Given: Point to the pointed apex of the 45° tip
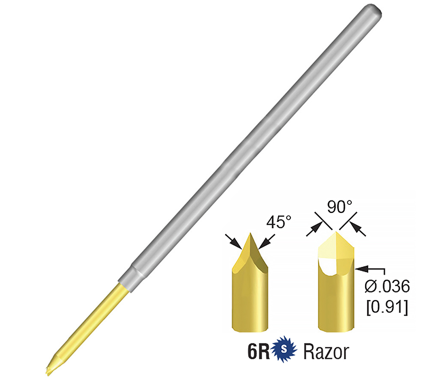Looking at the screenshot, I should pos(250,234).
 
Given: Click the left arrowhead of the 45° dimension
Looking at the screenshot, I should pos(238,243).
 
